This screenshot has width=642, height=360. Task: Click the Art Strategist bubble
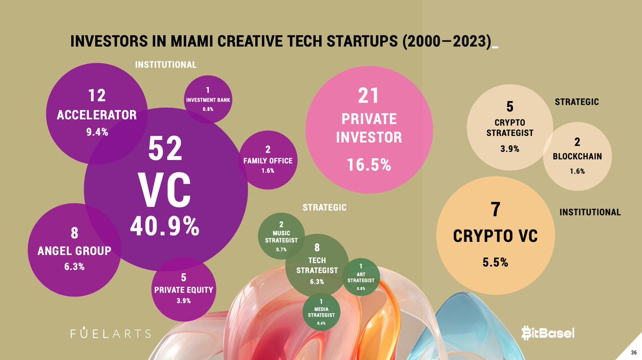361,277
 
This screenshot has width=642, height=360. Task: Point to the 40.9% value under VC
164,227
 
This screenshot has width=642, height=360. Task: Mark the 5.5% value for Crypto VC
494,263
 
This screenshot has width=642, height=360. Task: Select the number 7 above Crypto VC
495,210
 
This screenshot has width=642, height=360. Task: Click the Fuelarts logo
111,333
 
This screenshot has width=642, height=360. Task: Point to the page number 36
633,353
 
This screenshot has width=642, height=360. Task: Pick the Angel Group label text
74,250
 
